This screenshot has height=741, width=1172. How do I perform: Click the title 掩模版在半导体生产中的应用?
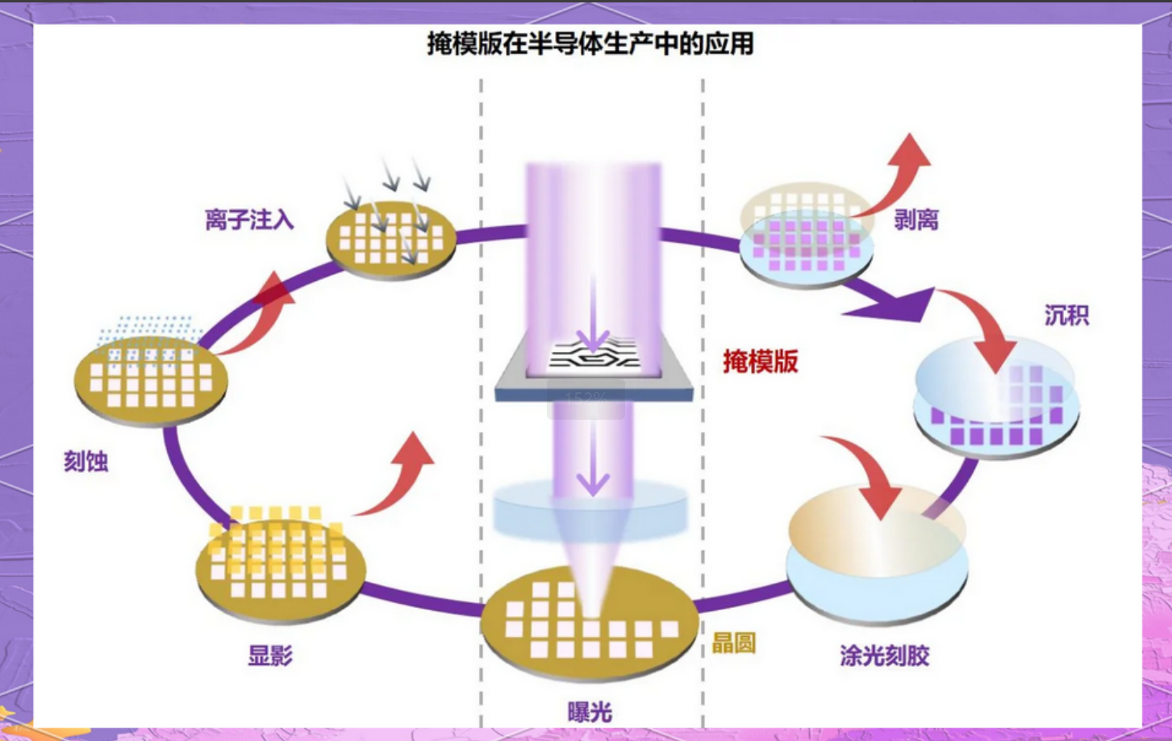point(590,44)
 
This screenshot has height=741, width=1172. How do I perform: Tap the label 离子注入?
point(249,220)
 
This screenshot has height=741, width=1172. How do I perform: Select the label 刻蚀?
point(86,462)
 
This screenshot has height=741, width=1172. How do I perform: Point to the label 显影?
point(270,655)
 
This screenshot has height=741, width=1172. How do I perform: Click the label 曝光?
point(590,712)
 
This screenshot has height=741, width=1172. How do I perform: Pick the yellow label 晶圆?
point(733,643)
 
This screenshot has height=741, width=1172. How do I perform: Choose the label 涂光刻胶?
point(884,655)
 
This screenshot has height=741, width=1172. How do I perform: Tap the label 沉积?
point(1066,315)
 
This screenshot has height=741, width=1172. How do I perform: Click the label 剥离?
point(915,220)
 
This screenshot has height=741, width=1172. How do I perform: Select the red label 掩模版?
point(760,361)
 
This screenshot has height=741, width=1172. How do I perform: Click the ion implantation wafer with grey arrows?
point(391,239)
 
